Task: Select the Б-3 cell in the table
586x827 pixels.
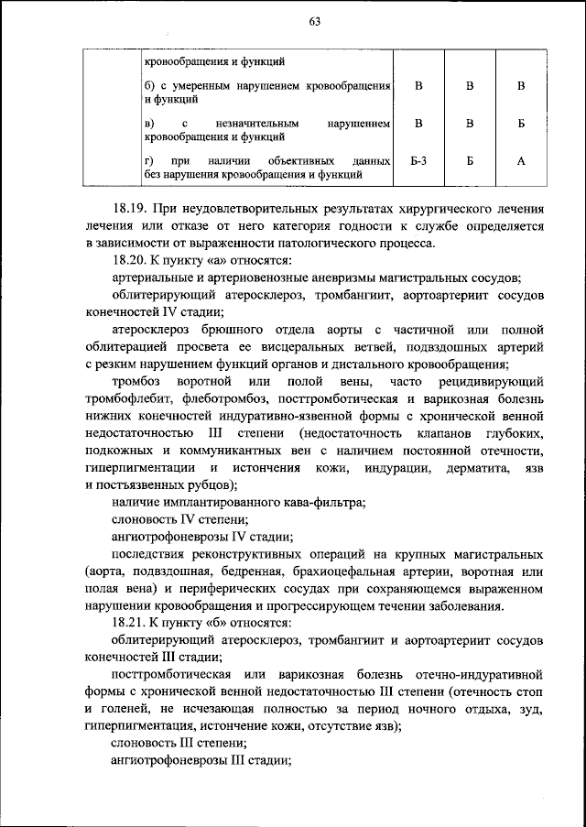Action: (418, 161)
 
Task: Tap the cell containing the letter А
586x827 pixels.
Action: (520, 161)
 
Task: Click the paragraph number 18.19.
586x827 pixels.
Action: (128, 209)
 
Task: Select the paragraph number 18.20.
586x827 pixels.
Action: (128, 260)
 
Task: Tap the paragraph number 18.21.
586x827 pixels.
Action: (128, 622)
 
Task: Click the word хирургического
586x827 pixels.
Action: (440, 209)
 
